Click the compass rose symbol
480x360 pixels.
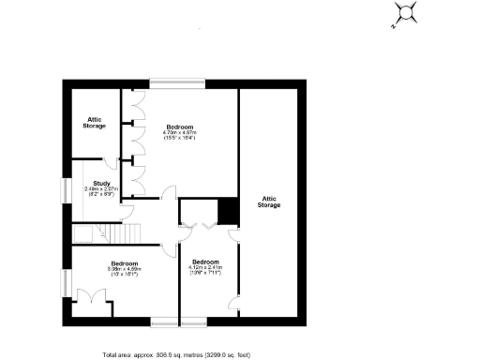tap(406, 11)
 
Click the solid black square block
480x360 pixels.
tap(226, 211)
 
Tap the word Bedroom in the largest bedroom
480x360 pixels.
tap(180, 127)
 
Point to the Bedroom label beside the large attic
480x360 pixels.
tap(205, 262)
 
